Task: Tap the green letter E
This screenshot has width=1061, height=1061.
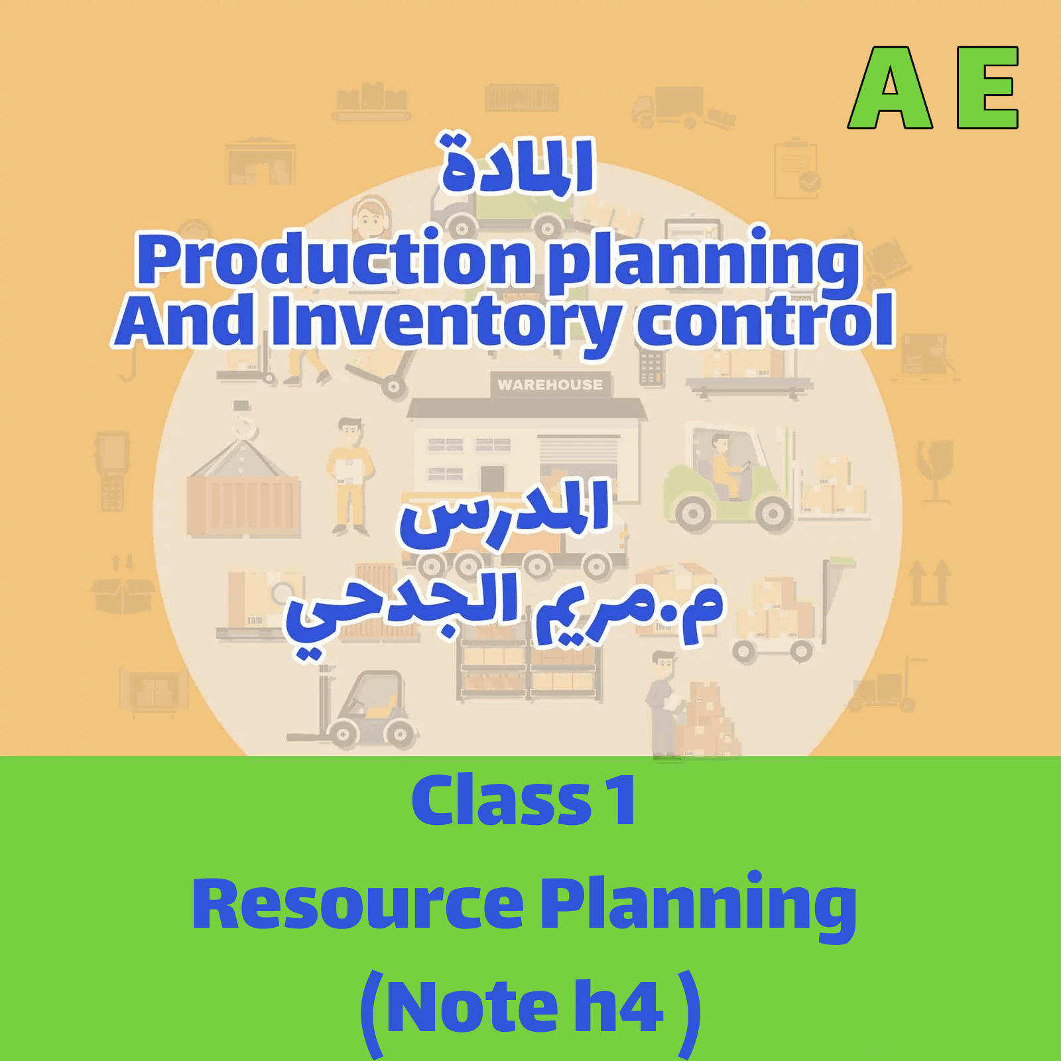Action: tap(987, 88)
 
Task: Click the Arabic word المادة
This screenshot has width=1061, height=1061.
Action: tap(518, 166)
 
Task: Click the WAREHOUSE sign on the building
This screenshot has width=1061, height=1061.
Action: tap(550, 385)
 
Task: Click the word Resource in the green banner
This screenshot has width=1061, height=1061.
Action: tap(357, 905)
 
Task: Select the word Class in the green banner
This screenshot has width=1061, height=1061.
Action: tap(501, 801)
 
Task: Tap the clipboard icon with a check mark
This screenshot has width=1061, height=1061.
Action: tap(796, 168)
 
